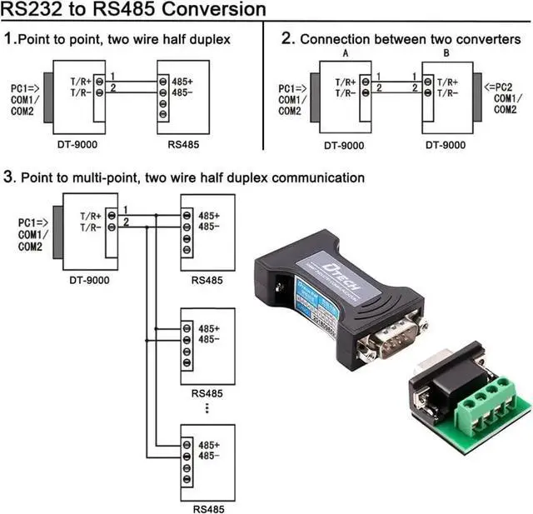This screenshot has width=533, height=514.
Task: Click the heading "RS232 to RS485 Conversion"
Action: [x=133, y=10]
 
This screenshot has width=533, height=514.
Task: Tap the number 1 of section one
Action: [x=10, y=38]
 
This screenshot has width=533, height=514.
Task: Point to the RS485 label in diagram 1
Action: [x=183, y=144]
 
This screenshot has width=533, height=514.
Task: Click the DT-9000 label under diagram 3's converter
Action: [x=89, y=280]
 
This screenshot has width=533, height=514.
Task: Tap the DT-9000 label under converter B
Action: [x=446, y=144]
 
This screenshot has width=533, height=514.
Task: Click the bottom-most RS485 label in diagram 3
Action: [x=207, y=508]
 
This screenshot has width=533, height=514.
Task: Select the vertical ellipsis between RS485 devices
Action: [x=207, y=409]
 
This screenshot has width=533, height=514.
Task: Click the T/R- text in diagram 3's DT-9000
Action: [x=92, y=227]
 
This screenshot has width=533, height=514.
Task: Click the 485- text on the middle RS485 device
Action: [x=209, y=339]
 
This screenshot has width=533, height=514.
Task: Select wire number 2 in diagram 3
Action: [x=126, y=222]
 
